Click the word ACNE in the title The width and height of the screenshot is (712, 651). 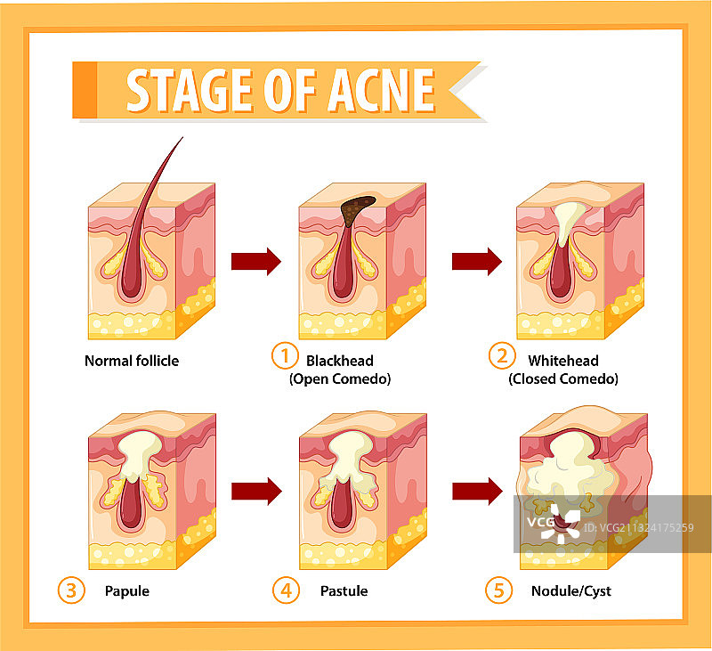pyautogui.click(x=379, y=89)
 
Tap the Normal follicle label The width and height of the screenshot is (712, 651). pyautogui.click(x=132, y=361)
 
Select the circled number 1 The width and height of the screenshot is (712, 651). pyautogui.click(x=283, y=357)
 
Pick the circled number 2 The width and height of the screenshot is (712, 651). pyautogui.click(x=502, y=357)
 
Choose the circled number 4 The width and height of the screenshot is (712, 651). pyautogui.click(x=284, y=590)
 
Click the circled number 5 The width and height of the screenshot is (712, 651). pyautogui.click(x=498, y=590)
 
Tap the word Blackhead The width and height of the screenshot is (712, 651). pyautogui.click(x=339, y=361)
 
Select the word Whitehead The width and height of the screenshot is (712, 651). pyautogui.click(x=562, y=361)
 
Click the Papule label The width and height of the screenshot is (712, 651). pyautogui.click(x=126, y=590)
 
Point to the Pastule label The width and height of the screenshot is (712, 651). pyautogui.click(x=344, y=590)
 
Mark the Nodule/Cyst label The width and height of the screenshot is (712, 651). pyautogui.click(x=570, y=590)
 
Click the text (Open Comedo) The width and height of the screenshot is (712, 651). pyautogui.click(x=340, y=378)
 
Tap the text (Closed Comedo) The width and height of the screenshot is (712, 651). pyautogui.click(x=563, y=378)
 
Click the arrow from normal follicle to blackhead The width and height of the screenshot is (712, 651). pyautogui.click(x=256, y=261)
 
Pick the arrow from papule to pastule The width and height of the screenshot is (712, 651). pyautogui.click(x=256, y=491)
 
